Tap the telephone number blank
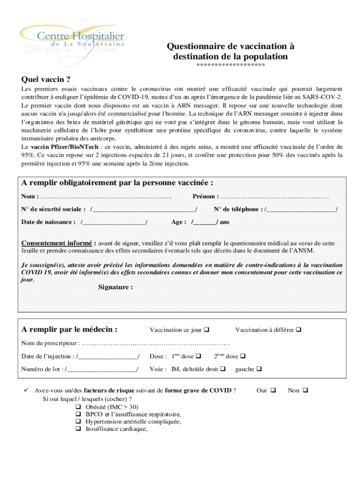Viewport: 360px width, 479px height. [x=301, y=209]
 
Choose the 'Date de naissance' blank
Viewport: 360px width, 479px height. [x=114, y=222]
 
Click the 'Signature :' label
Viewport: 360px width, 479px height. [x=115, y=287]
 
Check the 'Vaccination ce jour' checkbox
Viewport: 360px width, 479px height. [x=207, y=330]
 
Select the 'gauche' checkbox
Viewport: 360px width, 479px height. [x=259, y=370]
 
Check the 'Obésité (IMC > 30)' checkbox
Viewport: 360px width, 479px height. [x=78, y=407]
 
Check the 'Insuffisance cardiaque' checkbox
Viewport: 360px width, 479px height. [x=78, y=428]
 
